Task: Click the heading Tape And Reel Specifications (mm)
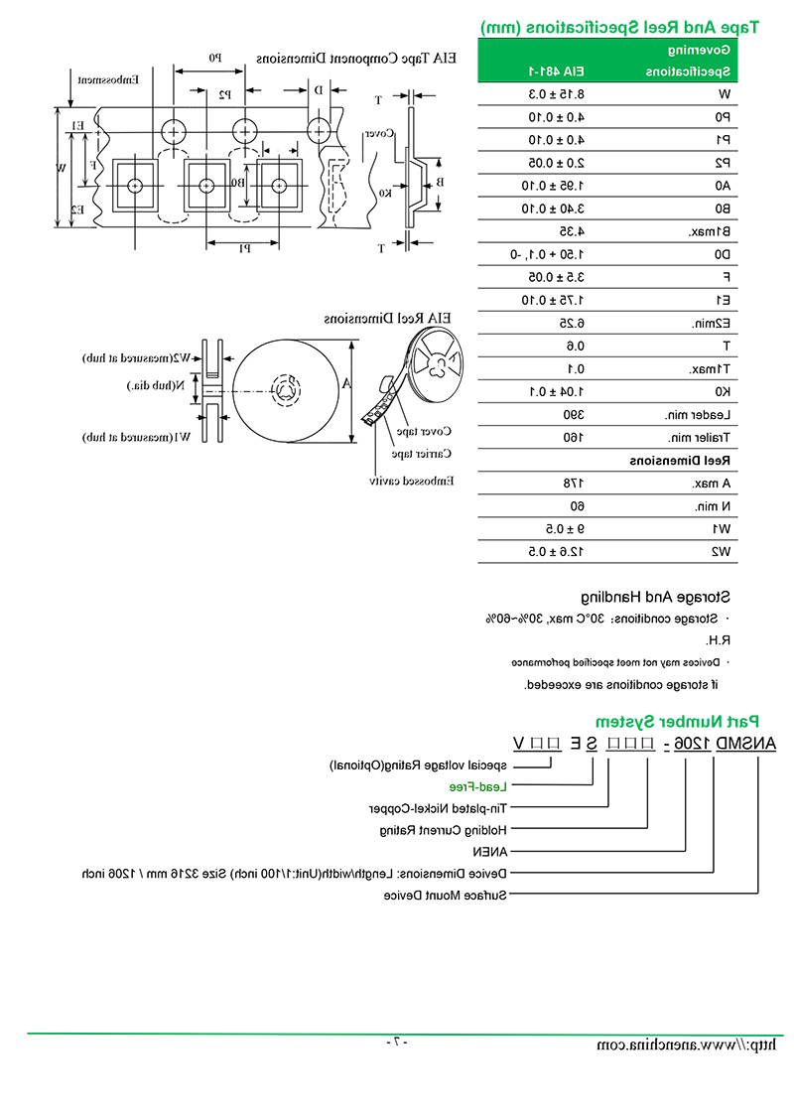(618, 28)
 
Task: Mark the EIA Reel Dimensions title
(387, 319)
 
